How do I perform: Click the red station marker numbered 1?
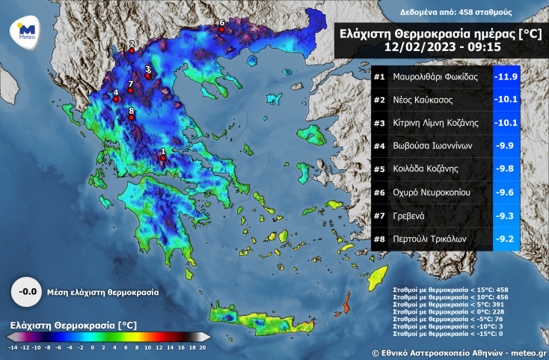[x=163, y=158]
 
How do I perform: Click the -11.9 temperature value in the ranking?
[x=506, y=77]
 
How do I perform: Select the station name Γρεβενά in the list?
[x=409, y=216]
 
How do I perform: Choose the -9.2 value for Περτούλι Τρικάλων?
[x=506, y=240]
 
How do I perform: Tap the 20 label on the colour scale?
[x=203, y=347]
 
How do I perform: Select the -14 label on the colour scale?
[x=13, y=347]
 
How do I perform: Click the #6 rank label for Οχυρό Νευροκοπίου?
[x=379, y=193]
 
